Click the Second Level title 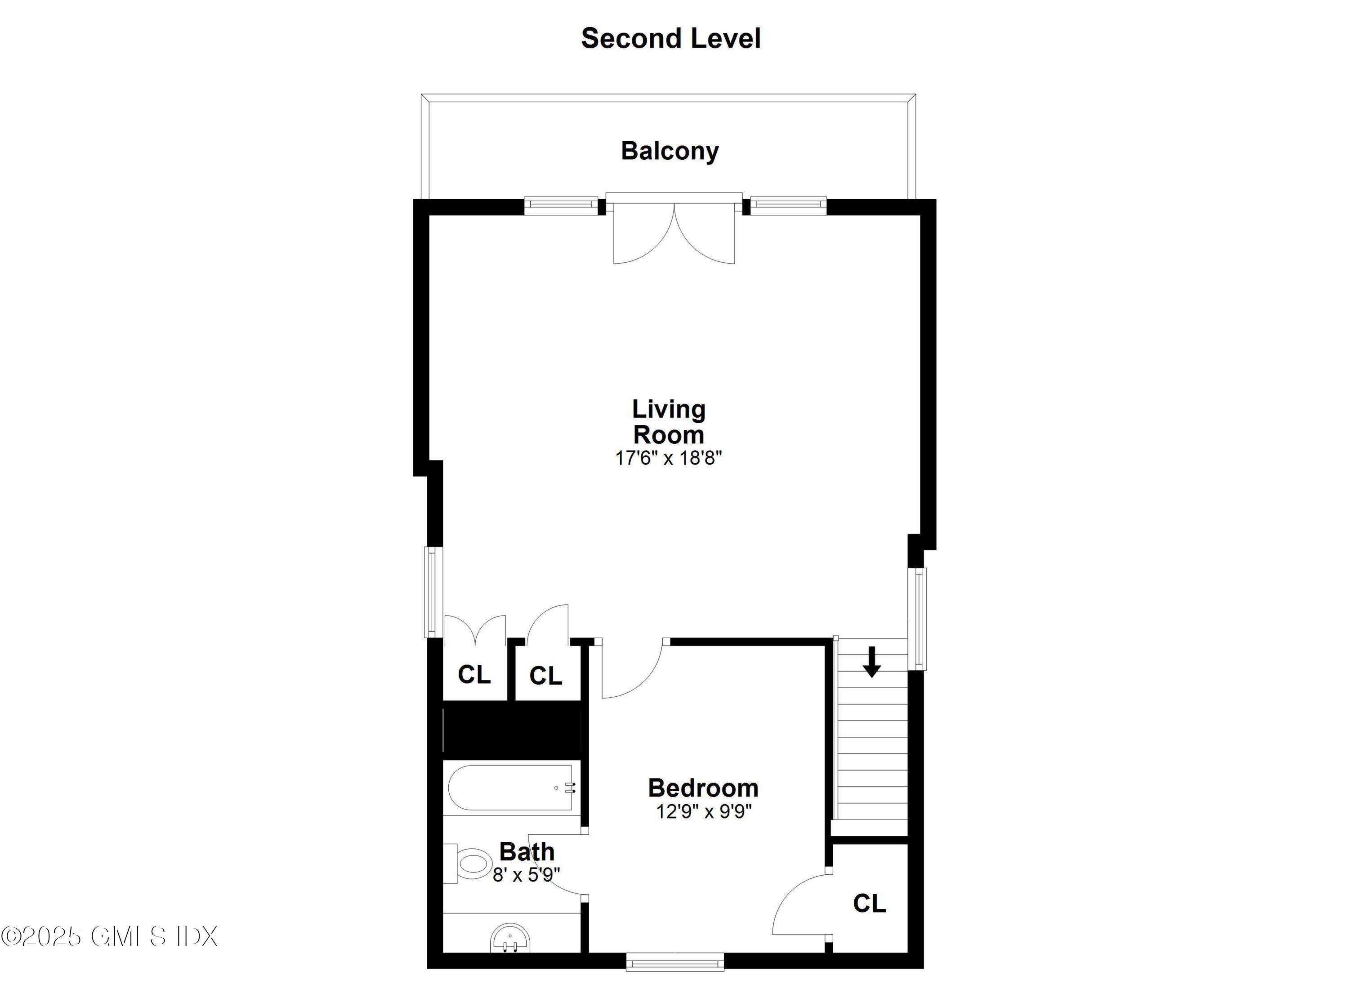pyautogui.click(x=670, y=39)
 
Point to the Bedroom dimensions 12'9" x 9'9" pyautogui.click(x=704, y=811)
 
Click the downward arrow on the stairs pyautogui.click(x=871, y=662)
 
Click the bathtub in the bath pyautogui.click(x=510, y=788)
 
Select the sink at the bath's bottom pyautogui.click(x=510, y=939)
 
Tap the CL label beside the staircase pyautogui.click(x=869, y=904)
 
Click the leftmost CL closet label pyautogui.click(x=474, y=675)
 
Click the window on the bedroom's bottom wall pyautogui.click(x=674, y=962)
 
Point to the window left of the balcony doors pyautogui.click(x=560, y=206)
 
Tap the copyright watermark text pyautogui.click(x=109, y=936)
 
